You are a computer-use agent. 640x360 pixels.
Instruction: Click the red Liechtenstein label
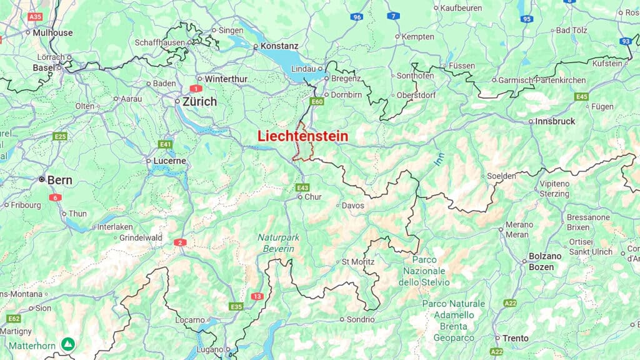(302, 136)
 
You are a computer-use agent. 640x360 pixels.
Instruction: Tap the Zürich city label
(199, 101)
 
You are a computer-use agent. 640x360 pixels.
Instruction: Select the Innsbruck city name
(555, 121)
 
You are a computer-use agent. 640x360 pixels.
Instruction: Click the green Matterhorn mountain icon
(67, 344)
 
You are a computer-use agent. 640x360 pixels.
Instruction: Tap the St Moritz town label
(357, 262)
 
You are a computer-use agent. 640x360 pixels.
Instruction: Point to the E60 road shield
(317, 101)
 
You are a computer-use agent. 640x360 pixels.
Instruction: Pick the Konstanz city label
(279, 46)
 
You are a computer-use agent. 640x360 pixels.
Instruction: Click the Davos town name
(353, 205)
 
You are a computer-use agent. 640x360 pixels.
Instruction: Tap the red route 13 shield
(257, 296)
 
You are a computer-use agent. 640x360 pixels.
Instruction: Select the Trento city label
(516, 338)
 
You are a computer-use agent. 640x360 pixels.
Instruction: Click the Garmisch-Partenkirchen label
(542, 80)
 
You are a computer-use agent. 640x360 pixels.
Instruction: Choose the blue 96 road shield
(356, 17)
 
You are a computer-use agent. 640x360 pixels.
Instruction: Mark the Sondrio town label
(361, 319)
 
